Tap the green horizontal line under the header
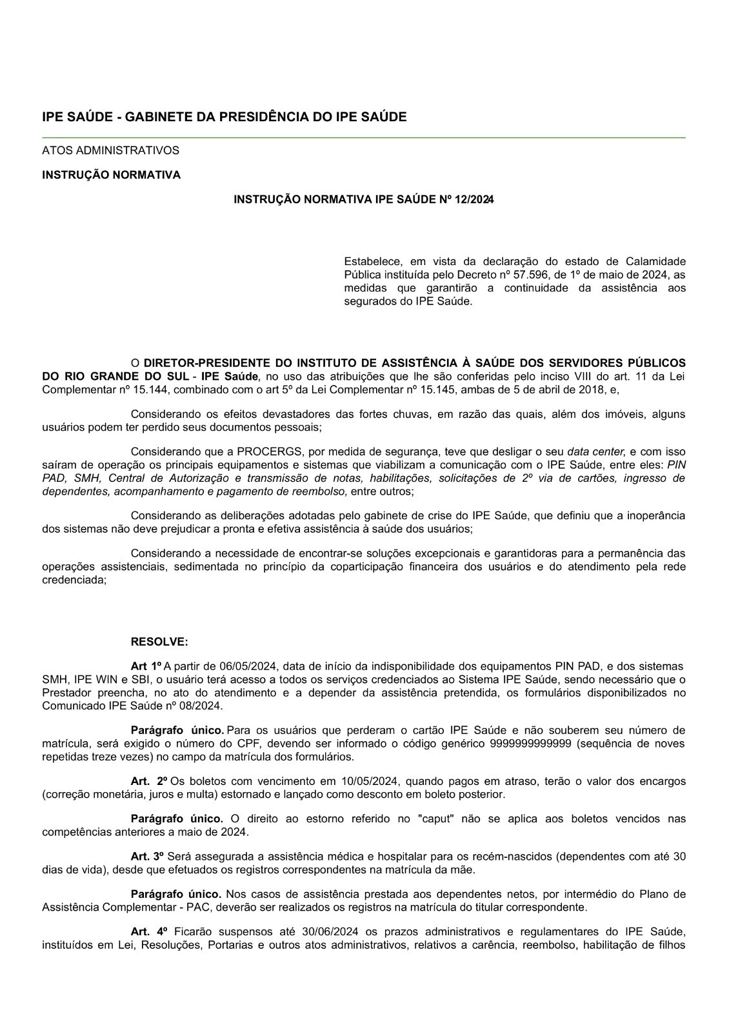point(364,137)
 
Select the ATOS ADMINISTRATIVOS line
point(110,150)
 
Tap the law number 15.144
point(151,390)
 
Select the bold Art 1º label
point(146,666)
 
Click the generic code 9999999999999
point(526,744)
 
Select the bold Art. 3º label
point(148,856)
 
